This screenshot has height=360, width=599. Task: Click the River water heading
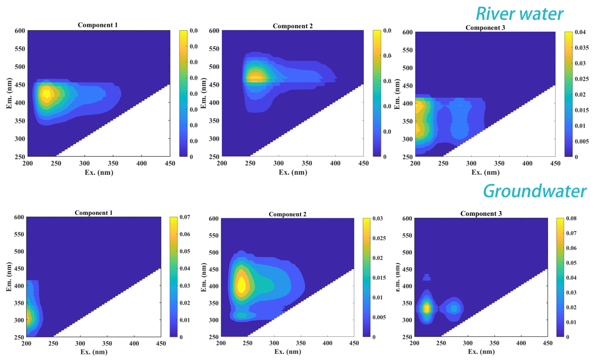519,14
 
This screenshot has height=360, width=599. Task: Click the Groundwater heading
534,191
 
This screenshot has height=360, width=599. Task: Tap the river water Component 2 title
292,26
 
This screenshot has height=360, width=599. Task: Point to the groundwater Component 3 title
481,214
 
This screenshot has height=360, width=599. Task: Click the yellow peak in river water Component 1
46,94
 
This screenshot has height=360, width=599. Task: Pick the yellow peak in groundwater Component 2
241,285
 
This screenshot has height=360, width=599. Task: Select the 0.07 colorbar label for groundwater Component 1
185,217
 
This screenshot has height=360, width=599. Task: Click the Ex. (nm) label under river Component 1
99,172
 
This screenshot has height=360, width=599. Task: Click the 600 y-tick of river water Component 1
20,31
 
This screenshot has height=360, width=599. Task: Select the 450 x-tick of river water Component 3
555,163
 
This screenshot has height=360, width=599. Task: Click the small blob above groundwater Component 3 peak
427,277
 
